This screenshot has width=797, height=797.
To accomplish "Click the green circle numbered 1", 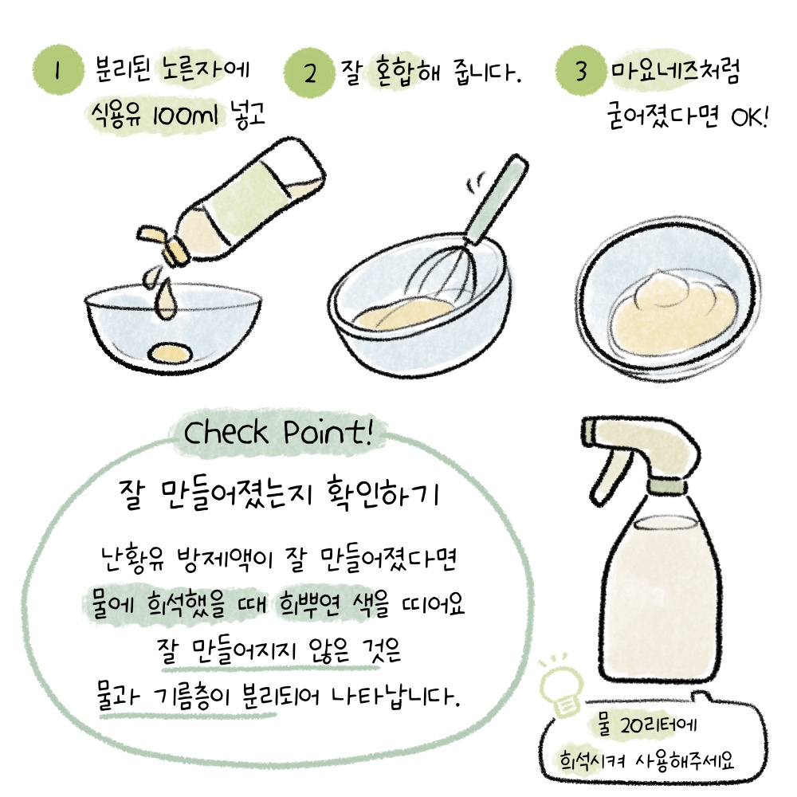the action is [x=57, y=70].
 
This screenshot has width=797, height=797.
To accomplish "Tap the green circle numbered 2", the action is [x=309, y=73].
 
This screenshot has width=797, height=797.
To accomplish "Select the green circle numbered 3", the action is [x=581, y=71].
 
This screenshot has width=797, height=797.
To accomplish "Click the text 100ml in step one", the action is [x=186, y=116].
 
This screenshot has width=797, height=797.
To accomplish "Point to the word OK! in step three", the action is [x=749, y=116].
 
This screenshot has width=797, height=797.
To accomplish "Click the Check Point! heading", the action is [x=277, y=433].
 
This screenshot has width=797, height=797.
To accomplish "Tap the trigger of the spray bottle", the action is [x=608, y=477].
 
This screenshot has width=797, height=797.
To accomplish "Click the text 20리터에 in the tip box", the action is [x=658, y=724].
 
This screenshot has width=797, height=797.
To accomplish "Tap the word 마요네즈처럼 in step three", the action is [x=676, y=71].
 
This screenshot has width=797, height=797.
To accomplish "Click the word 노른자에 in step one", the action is [x=206, y=70].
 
